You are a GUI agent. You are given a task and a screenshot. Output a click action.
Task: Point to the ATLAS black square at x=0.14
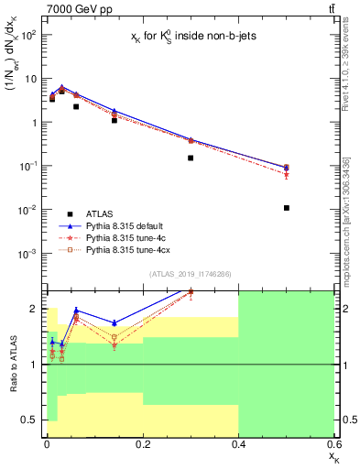pyautogui.click(x=115, y=120)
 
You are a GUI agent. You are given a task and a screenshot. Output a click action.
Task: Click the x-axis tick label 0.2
pyautogui.click(x=142, y=443)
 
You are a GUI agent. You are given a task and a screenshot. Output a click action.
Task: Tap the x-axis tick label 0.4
pyautogui.click(x=238, y=443)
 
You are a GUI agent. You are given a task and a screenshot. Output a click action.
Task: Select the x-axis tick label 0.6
pyautogui.click(x=333, y=443)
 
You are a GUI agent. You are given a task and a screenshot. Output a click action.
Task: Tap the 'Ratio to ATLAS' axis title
pyautogui.click(x=12, y=364)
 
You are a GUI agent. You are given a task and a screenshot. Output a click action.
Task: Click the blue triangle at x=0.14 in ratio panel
pyautogui.click(x=115, y=322)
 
